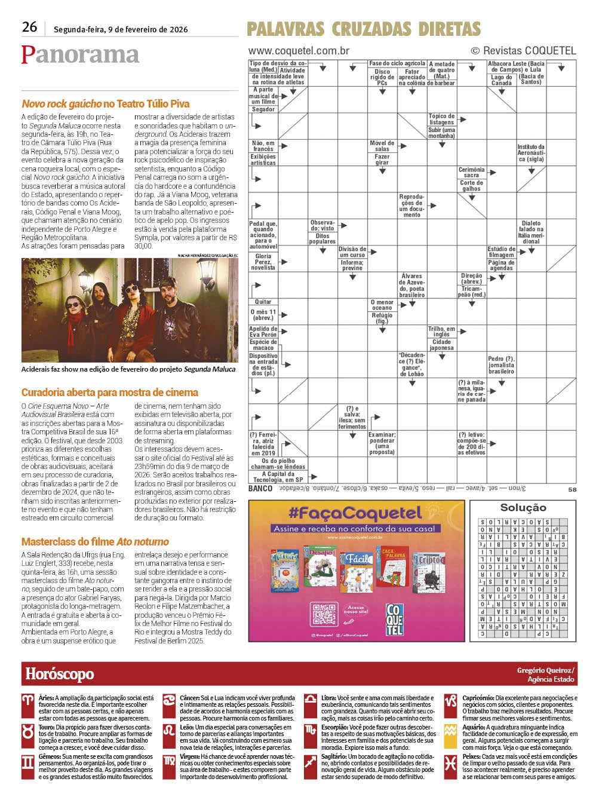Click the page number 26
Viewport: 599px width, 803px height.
[x=29, y=27]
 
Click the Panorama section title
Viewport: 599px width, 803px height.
[x=80, y=54]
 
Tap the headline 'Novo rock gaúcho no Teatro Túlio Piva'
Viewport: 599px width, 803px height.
[x=106, y=104]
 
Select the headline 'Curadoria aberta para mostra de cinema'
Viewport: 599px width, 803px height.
[x=110, y=393]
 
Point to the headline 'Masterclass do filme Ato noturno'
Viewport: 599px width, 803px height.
[x=95, y=542]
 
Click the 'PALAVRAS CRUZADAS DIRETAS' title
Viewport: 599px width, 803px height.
[x=363, y=29]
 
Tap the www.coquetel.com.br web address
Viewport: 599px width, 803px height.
[x=299, y=51]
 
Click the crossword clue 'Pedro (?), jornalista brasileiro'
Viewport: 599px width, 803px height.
[x=501, y=365]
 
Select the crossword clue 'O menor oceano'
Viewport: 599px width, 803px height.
[x=382, y=305]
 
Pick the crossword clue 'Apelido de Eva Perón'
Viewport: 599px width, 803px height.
[x=263, y=332]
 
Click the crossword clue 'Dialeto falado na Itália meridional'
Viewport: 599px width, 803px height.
[x=531, y=232]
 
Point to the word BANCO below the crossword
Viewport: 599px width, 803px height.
[x=260, y=489]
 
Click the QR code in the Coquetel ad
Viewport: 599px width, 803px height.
[x=324, y=614]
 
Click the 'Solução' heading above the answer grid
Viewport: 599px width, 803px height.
[x=523, y=508]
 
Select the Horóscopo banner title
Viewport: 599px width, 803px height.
[x=60, y=674]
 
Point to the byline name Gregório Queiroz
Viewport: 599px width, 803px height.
[x=545, y=670]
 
